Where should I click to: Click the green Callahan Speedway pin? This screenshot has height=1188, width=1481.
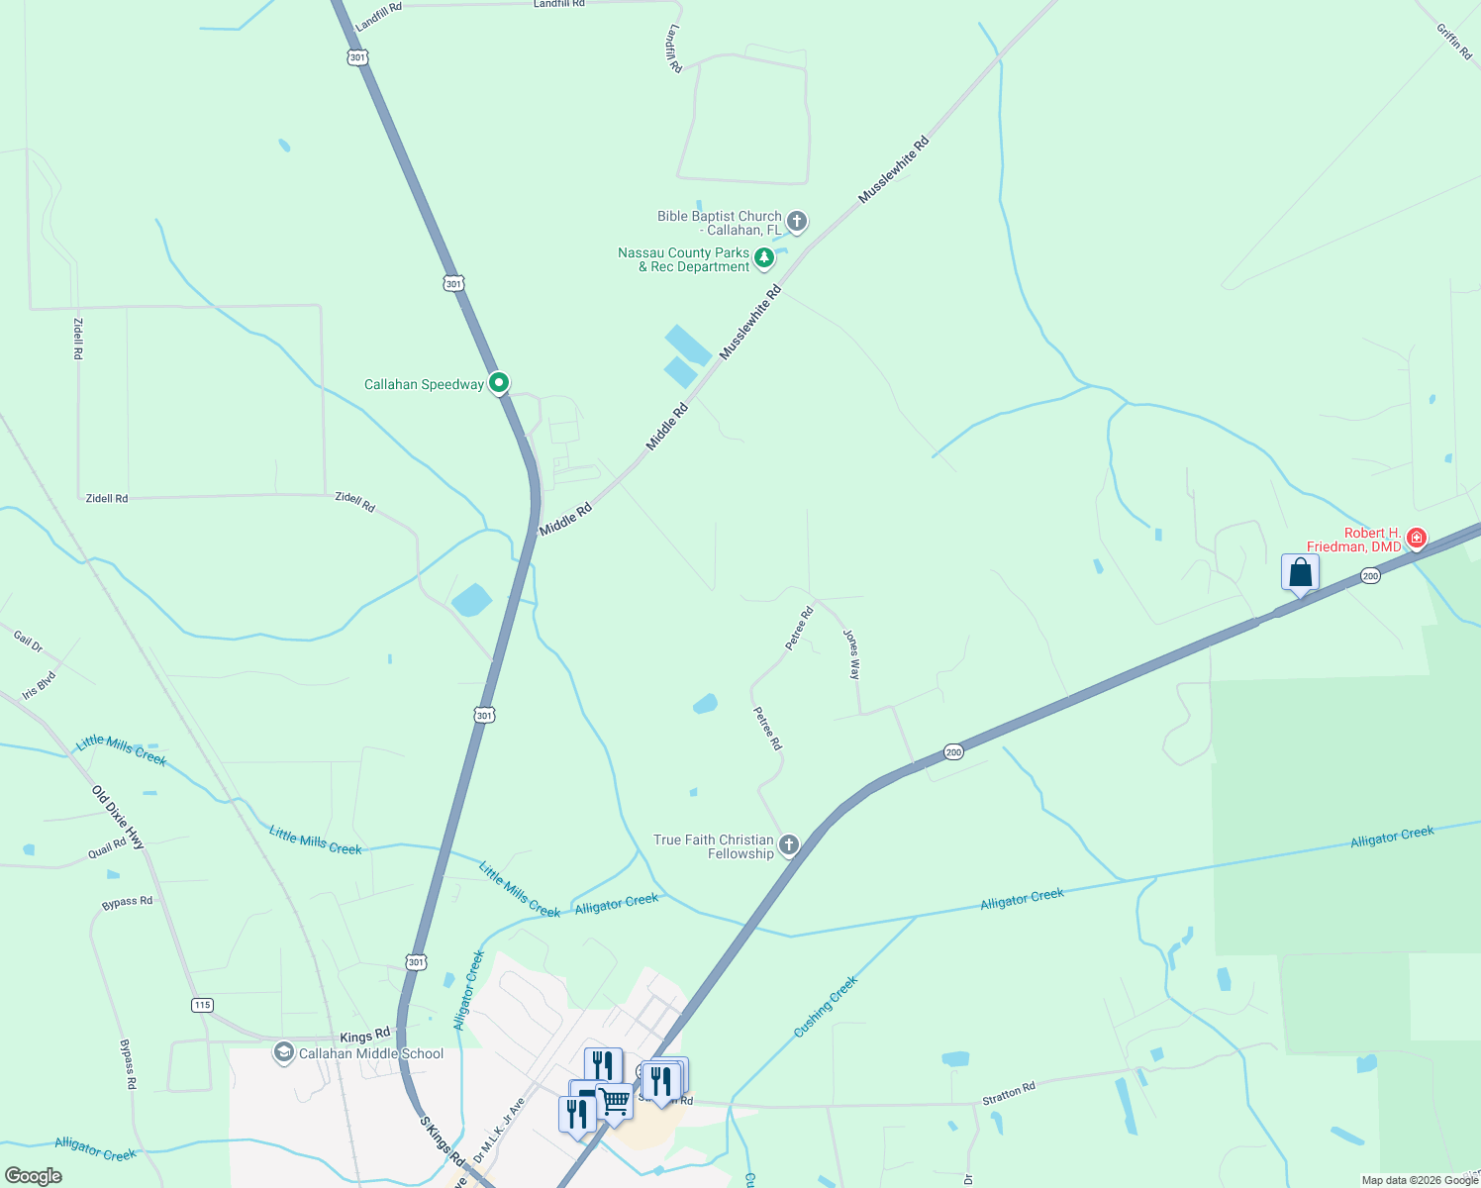(x=500, y=383)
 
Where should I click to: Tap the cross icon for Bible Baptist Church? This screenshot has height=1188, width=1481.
(x=797, y=222)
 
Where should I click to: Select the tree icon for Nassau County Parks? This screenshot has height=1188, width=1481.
(x=764, y=258)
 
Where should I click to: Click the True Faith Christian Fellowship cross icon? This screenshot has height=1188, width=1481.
(x=789, y=845)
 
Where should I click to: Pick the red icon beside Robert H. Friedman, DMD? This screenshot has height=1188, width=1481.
(x=1417, y=538)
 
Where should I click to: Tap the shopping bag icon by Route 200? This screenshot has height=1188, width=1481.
(x=1300, y=573)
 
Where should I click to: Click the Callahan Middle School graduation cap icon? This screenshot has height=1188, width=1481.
(x=284, y=1052)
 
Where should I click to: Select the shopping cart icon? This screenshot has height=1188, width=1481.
(x=615, y=1100)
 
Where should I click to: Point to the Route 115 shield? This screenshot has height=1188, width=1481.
(x=202, y=1005)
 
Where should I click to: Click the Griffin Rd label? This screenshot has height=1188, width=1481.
(x=1454, y=41)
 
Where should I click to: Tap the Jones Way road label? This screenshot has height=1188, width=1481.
(x=851, y=653)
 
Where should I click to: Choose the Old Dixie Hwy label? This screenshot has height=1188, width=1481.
(x=119, y=818)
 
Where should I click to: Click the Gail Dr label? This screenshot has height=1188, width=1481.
(x=29, y=641)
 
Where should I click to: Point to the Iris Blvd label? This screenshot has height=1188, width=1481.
(x=40, y=684)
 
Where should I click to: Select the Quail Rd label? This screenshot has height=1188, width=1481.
(x=107, y=846)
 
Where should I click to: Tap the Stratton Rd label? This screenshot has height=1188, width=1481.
(x=1009, y=1093)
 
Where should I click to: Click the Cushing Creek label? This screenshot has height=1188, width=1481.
(x=826, y=1007)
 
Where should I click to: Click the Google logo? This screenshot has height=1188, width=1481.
(x=34, y=1176)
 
